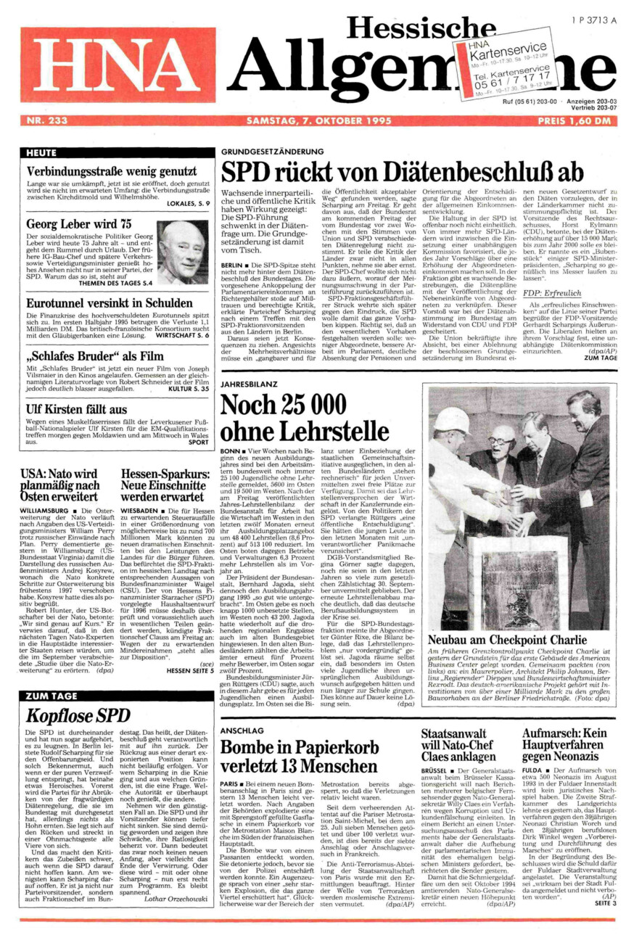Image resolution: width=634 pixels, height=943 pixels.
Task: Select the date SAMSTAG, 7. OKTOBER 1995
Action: [x=319, y=121]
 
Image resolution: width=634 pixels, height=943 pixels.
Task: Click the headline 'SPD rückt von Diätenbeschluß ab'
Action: [x=402, y=171]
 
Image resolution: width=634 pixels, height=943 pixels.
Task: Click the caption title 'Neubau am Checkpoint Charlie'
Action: [x=507, y=641]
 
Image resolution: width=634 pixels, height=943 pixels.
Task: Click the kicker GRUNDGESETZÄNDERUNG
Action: [x=272, y=151]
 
